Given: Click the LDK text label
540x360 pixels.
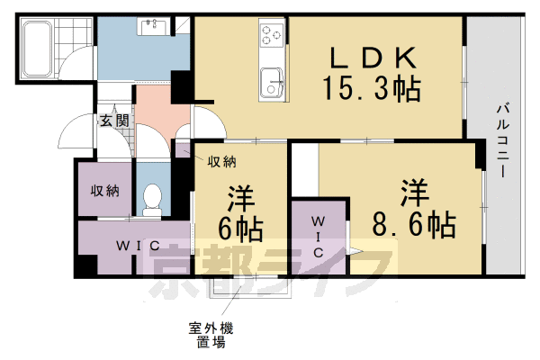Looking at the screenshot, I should point(373,58).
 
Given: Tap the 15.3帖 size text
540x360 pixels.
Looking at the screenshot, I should point(373,89).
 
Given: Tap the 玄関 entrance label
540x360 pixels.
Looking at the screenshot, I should point(113,120).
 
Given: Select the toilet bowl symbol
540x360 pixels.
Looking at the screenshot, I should point(152,198).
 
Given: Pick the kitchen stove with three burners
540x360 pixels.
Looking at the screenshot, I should point(270,36).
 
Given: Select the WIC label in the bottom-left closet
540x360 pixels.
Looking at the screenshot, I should point(136,245).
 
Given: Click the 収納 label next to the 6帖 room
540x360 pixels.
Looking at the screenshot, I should point(222,162).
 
